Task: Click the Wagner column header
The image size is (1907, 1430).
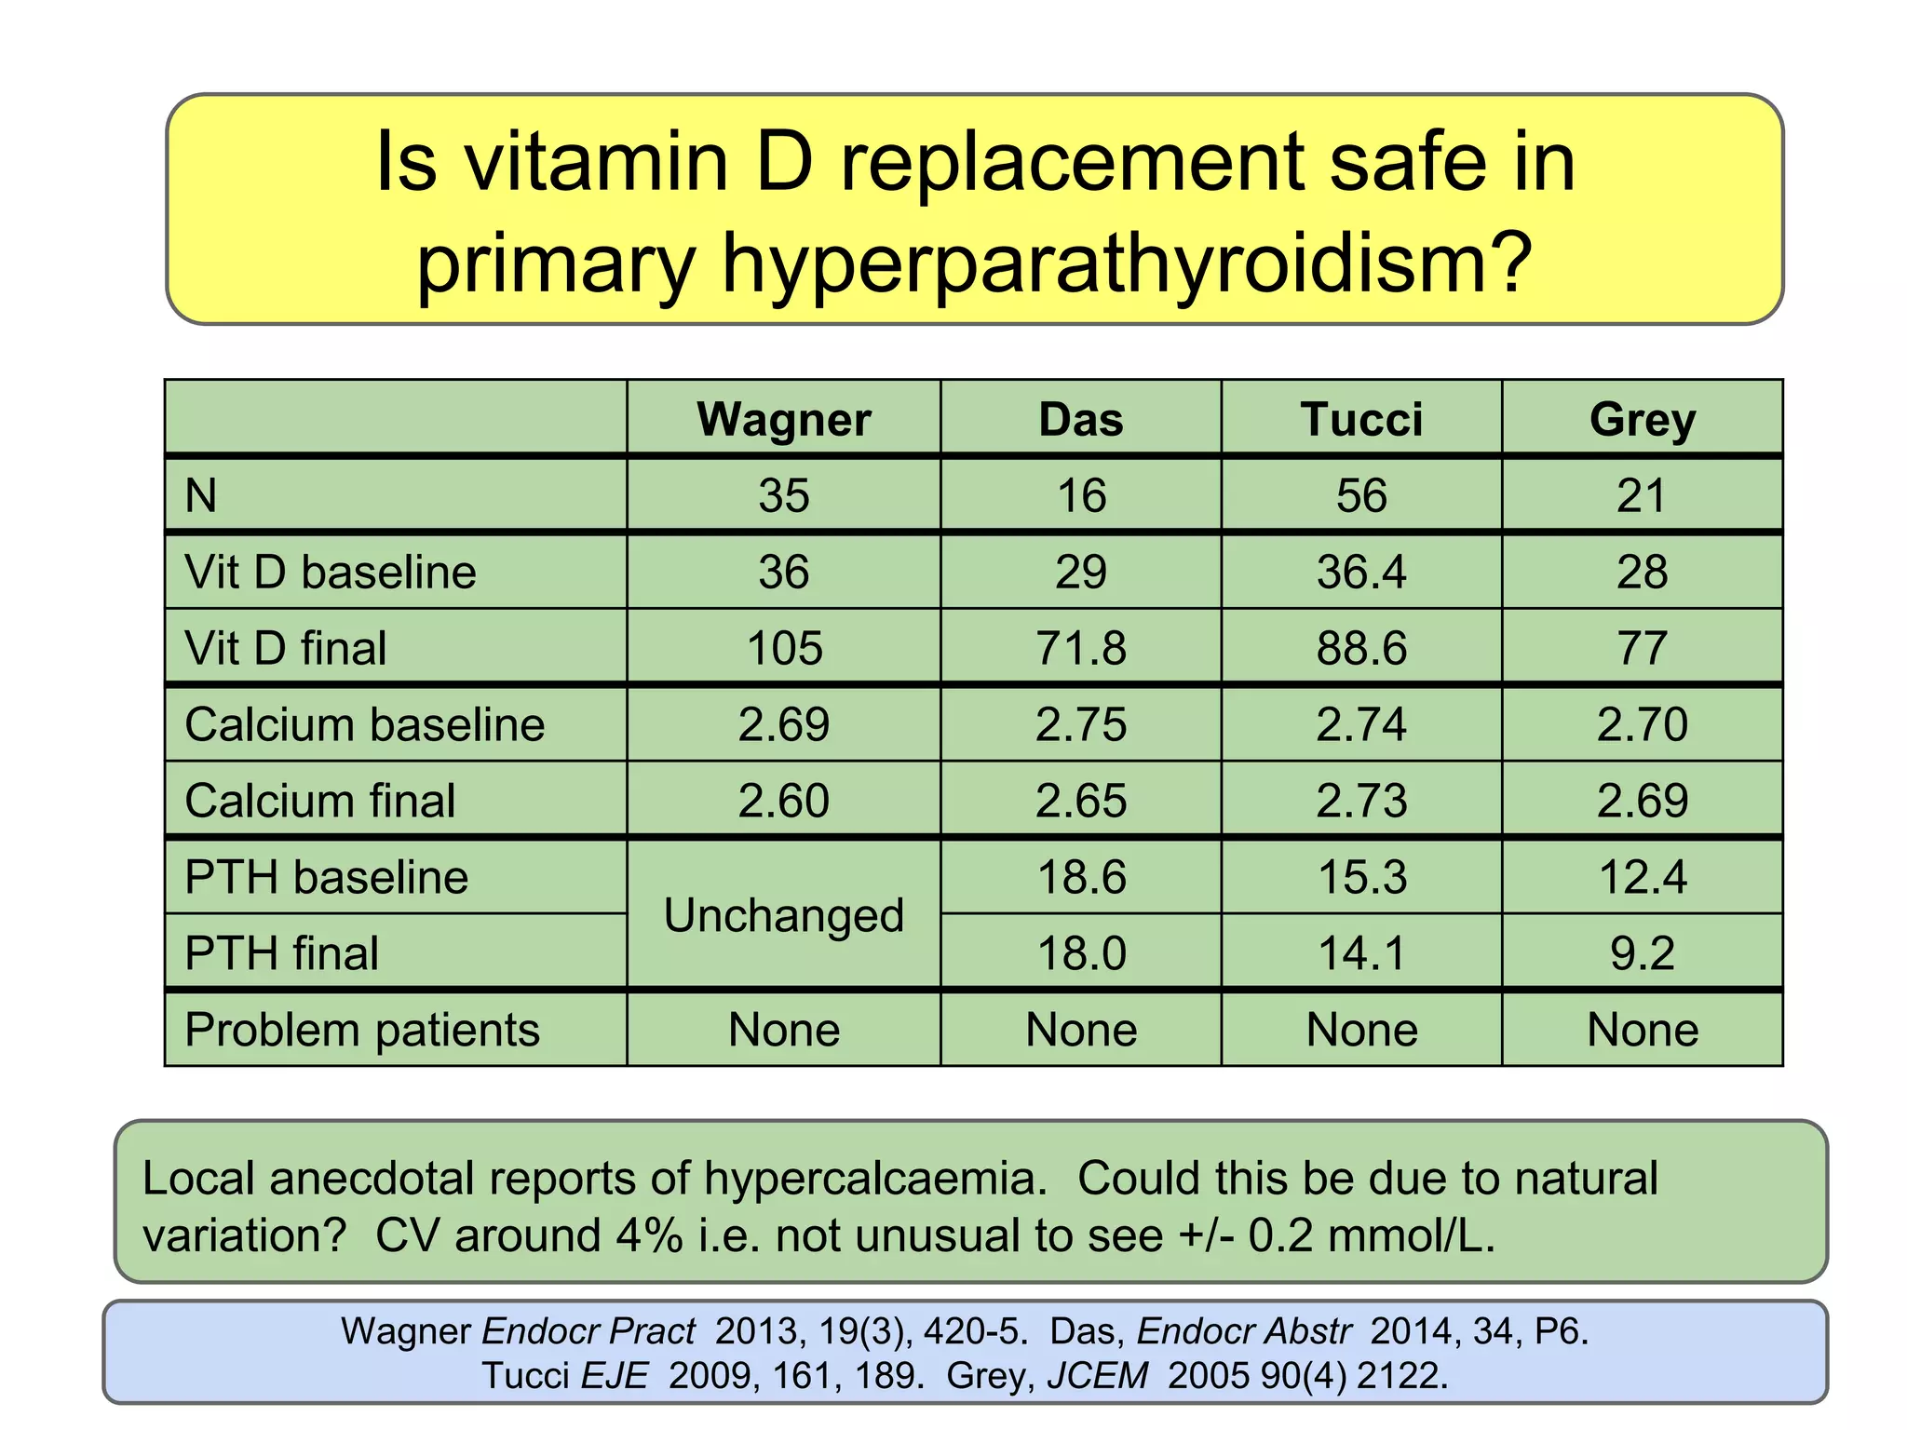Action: pos(783,419)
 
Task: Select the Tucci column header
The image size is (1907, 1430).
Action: pos(1361,419)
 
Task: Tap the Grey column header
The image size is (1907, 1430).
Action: pos(1642,419)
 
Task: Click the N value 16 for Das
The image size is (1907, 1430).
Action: pos(1081,495)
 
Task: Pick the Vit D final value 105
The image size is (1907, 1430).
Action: pos(784,648)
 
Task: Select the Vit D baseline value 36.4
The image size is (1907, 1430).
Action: pos(1361,572)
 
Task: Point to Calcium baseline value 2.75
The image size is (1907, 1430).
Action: pos(1081,724)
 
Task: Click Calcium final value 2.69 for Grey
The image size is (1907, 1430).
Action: pos(1642,801)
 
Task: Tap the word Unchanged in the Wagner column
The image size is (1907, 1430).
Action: pos(783,916)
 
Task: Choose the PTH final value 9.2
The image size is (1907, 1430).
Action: pos(1642,953)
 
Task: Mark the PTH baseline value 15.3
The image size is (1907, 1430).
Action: pos(1361,877)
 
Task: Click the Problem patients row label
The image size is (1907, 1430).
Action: pos(362,1030)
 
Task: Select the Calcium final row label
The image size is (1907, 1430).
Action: pos(320,801)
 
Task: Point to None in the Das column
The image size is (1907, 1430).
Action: pos(1081,1030)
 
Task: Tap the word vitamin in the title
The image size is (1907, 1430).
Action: pos(596,162)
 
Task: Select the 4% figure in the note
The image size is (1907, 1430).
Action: pos(648,1236)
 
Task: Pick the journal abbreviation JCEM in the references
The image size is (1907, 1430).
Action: pos(1098,1375)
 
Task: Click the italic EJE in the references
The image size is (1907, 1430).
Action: pos(614,1375)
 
